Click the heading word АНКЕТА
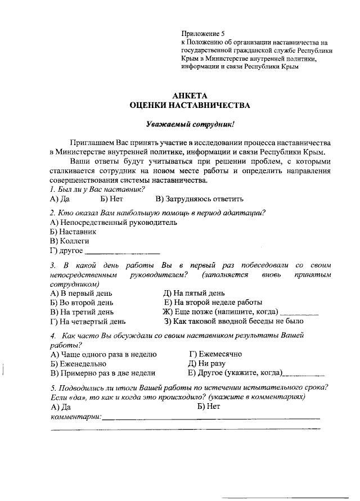pyautogui.click(x=190, y=95)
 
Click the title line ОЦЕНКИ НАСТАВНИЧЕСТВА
pyautogui.click(x=190, y=105)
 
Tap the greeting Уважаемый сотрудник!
pyautogui.click(x=190, y=123)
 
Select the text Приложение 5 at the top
pyautogui.click(x=202, y=34)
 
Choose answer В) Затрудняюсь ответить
pyautogui.click(x=200, y=198)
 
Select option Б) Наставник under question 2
pyautogui.click(x=73, y=231)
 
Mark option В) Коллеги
pyautogui.click(x=70, y=241)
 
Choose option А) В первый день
pyautogui.click(x=81, y=293)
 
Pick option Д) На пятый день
pyautogui.click(x=194, y=293)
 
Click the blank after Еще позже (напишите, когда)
pyautogui.click(x=299, y=313)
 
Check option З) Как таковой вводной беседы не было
pyautogui.click(x=233, y=322)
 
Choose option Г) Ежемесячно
pyautogui.click(x=215, y=354)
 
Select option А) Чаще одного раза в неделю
pyautogui.click(x=103, y=354)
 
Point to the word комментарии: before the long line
pyautogui.click(x=76, y=417)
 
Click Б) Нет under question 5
pyautogui.click(x=209, y=406)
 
